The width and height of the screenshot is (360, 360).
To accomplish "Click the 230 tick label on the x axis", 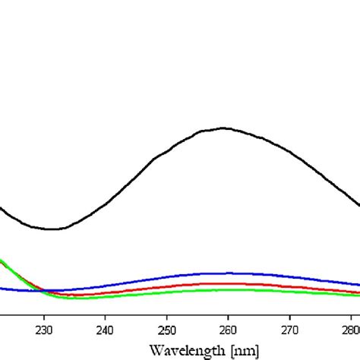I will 44,330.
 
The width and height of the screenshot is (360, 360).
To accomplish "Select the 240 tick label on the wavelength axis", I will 106,330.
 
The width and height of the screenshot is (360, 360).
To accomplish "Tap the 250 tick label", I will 167,330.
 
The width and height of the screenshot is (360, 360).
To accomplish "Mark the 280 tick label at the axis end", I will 350,330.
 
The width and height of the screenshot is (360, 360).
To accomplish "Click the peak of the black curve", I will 223,128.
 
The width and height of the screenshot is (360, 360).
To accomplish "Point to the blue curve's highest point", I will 225,273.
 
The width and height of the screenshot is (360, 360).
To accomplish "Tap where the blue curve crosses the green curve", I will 44,290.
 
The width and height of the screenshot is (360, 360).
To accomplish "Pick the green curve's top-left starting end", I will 2,261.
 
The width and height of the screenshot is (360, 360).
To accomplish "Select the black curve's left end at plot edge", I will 2,207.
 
